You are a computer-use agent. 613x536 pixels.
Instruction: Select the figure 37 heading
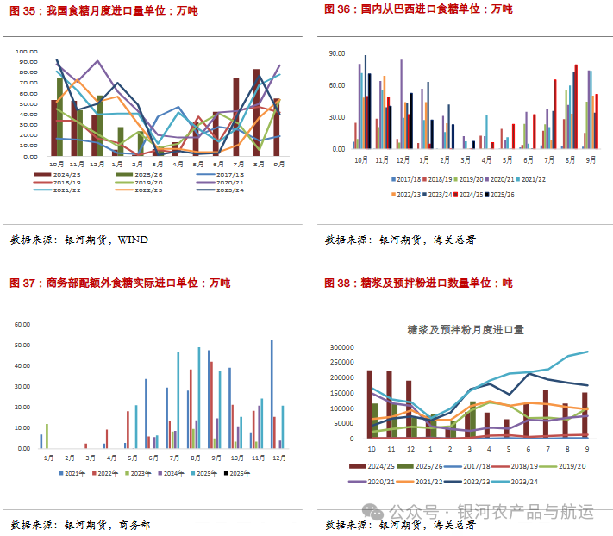120,283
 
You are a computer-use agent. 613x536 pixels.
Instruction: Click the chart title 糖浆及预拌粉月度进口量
466,329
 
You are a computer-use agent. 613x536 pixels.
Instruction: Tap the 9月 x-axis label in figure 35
278,163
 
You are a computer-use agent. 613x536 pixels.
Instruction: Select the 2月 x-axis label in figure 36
444,159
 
